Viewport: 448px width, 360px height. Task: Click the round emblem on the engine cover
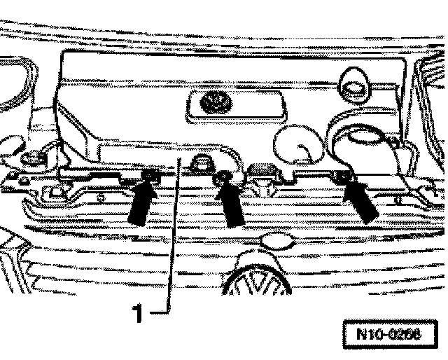[x=211, y=104]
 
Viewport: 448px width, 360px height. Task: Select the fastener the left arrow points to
[x=149, y=175]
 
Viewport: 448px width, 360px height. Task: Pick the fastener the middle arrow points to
[x=224, y=178]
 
